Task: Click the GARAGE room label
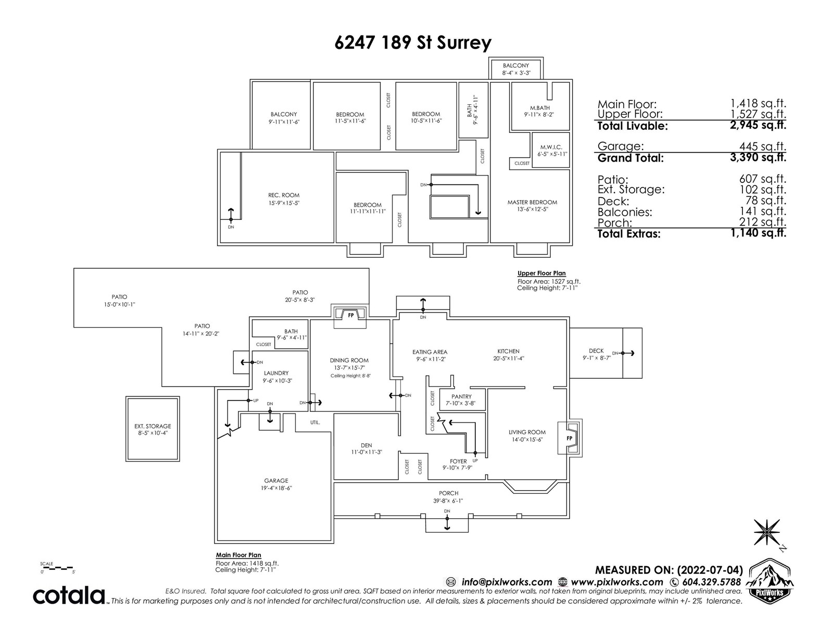276,480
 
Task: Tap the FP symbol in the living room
569,439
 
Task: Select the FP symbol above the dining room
351,315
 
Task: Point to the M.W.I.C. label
551,147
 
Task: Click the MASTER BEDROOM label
532,202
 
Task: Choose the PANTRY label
461,396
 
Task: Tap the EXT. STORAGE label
153,426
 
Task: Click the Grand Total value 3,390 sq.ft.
758,157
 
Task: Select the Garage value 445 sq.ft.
762,146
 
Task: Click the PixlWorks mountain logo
769,580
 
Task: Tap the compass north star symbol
766,532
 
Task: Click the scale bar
58,568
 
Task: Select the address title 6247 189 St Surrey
413,43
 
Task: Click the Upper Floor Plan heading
541,273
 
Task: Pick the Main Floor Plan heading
238,555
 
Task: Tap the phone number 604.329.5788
712,582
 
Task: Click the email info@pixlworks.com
507,582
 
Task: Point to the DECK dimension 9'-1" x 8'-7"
597,358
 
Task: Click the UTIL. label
315,422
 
